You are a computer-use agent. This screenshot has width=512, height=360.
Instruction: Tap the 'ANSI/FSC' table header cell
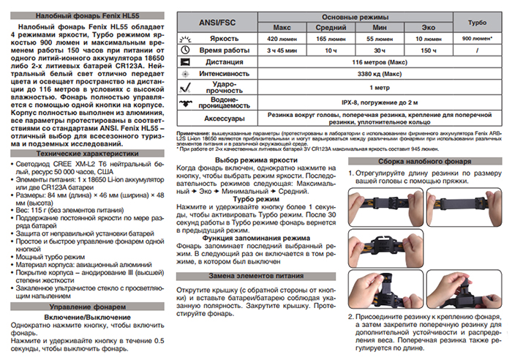218,22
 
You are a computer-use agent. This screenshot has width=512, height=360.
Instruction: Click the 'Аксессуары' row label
218,119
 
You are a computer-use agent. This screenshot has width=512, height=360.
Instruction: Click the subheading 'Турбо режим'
257,200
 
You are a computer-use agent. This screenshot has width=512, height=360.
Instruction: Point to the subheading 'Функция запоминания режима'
257,236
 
